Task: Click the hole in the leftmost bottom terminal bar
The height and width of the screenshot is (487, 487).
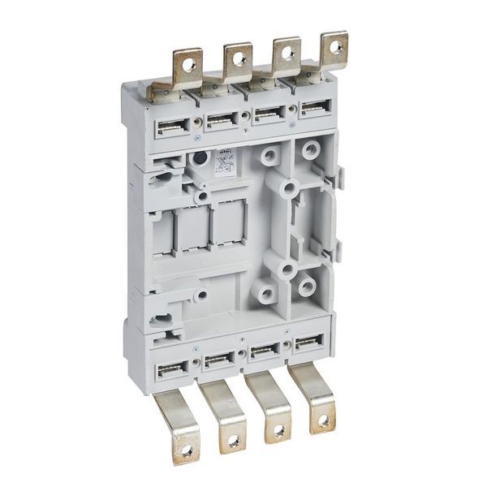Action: (186, 449)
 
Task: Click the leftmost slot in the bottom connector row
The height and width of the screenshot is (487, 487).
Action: (173, 369)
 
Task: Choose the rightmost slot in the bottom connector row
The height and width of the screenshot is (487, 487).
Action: (308, 343)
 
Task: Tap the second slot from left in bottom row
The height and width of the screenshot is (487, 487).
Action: (219, 360)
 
